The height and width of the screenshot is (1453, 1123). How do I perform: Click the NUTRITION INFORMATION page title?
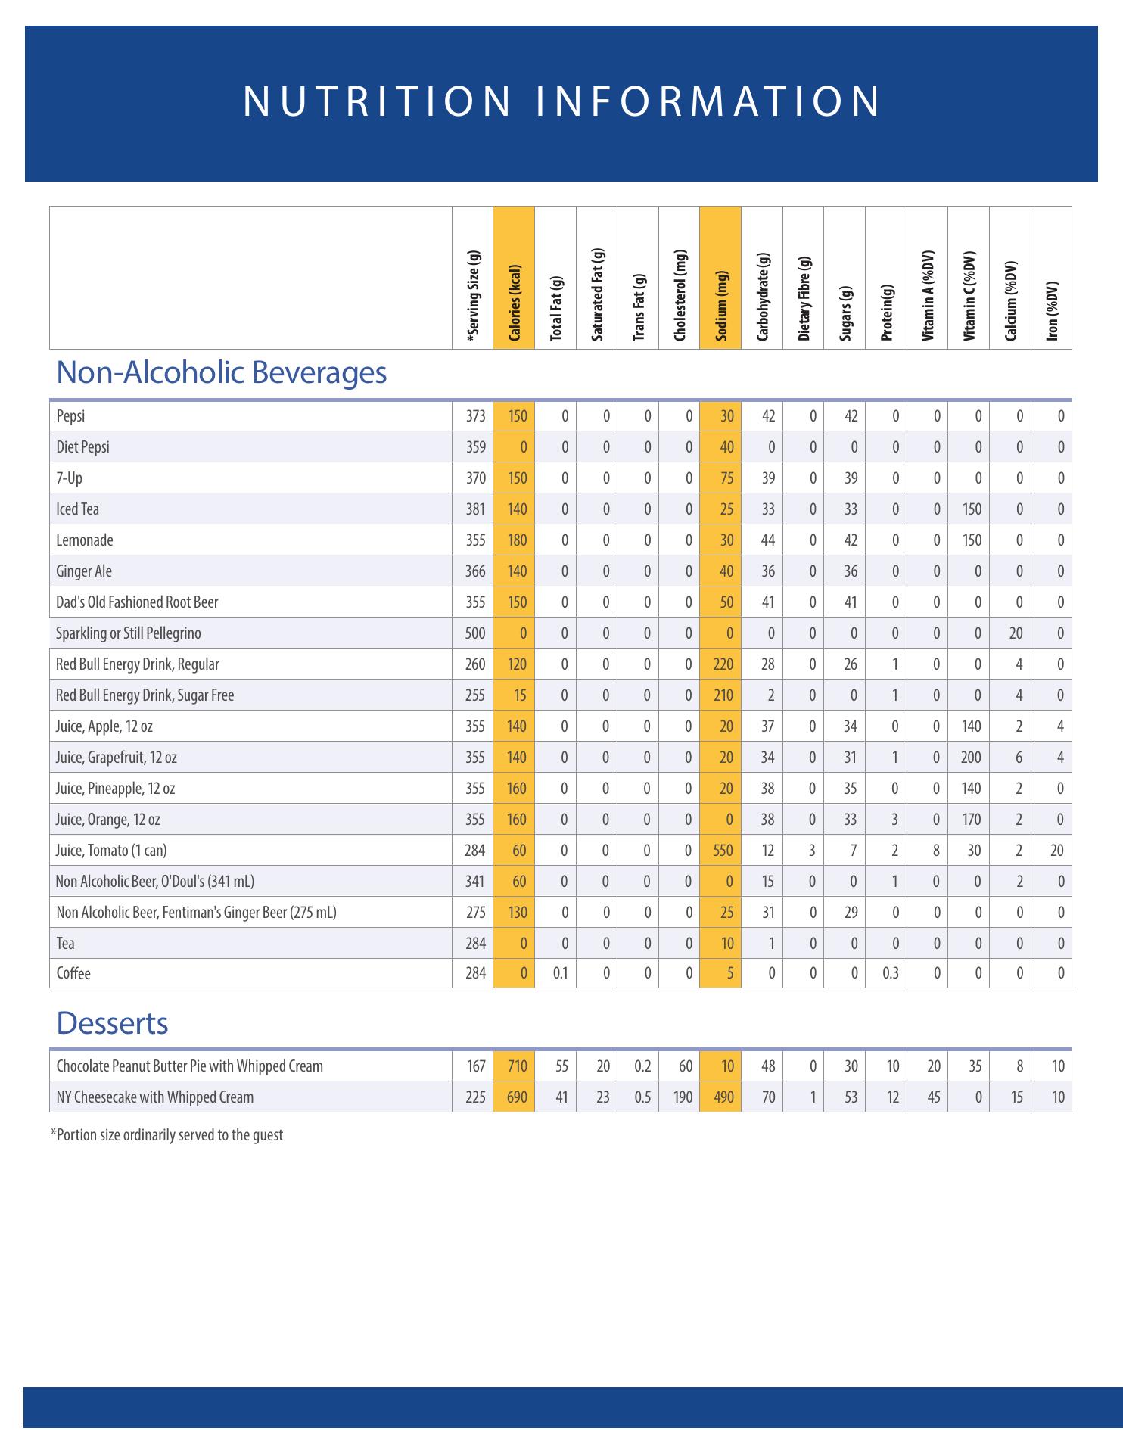tap(561, 101)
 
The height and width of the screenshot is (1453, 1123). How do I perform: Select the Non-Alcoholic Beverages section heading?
tap(221, 372)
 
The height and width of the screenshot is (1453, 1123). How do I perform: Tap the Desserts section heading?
tap(112, 1023)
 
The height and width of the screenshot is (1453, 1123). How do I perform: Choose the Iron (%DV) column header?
tap(1051, 311)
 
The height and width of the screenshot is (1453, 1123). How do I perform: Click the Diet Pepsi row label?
tap(82, 447)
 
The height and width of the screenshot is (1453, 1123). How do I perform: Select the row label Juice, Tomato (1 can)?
tap(111, 851)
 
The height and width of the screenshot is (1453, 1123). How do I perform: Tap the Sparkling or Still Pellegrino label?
tap(129, 633)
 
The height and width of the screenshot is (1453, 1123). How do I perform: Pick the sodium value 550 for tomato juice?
tap(723, 851)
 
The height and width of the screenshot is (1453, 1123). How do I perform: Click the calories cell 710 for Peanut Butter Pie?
tap(517, 1066)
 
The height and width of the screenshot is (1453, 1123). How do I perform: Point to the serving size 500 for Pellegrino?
tap(474, 633)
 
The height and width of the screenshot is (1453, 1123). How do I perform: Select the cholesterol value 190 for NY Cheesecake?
tap(683, 1097)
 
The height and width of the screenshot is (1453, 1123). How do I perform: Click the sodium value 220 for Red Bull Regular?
tap(723, 664)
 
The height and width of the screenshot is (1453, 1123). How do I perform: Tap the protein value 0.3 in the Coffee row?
tap(891, 974)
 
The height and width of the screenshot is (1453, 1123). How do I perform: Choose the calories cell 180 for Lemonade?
tap(517, 540)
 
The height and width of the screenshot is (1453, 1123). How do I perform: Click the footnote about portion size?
tap(166, 1135)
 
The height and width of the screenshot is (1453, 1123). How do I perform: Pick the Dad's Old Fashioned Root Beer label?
tap(137, 602)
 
